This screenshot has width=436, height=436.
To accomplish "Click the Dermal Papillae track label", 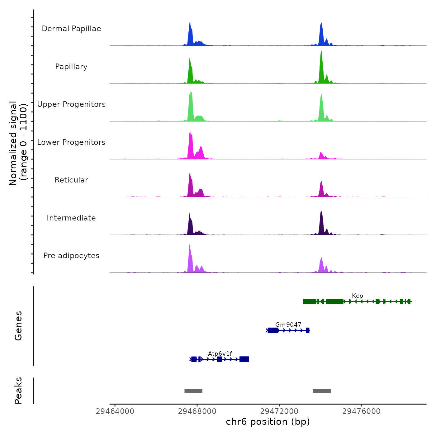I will click(71, 29).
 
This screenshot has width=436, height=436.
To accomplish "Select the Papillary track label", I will click(71, 67).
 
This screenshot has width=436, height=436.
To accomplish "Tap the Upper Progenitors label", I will click(71, 104).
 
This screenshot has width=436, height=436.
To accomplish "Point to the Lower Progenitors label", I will click(71, 142).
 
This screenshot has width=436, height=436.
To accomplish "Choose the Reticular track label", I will click(71, 180).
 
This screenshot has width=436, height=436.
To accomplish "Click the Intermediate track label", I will click(71, 218).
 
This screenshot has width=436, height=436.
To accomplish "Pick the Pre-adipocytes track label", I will click(71, 256).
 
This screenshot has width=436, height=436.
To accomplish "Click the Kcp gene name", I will click(357, 296).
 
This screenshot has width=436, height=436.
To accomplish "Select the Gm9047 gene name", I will click(288, 325).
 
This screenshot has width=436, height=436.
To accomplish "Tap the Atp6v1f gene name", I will click(220, 353).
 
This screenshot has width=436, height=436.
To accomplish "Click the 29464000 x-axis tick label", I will click(115, 411).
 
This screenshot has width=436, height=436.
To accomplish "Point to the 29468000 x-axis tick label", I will click(197, 411).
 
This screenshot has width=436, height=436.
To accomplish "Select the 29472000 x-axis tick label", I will click(279, 411).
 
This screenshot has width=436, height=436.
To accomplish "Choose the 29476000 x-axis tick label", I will click(362, 411).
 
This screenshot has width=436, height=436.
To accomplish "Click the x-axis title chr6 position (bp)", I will click(268, 422).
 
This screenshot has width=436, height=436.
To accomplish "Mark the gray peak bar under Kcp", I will click(322, 391).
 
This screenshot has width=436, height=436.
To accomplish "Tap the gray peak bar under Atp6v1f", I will click(193, 391).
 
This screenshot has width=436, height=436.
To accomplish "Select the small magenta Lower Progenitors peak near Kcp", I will click(321, 156).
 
